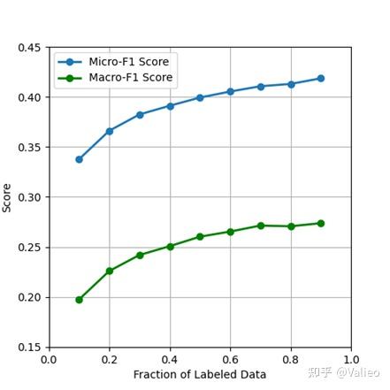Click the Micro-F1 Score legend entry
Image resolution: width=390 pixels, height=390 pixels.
(x=128, y=62)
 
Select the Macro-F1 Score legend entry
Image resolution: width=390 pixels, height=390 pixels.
(x=129, y=78)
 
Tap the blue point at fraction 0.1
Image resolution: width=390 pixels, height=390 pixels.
(x=80, y=159)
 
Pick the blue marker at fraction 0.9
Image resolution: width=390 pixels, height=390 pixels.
(x=320, y=78)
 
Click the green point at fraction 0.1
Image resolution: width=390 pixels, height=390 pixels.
(x=80, y=300)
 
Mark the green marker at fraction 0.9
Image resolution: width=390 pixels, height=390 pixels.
(x=320, y=223)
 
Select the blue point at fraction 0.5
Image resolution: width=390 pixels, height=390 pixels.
(x=200, y=97)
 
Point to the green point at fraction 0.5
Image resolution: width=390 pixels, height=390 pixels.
(x=200, y=237)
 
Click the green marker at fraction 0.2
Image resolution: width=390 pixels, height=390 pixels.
(x=110, y=271)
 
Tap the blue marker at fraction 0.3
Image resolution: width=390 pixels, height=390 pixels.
(x=140, y=114)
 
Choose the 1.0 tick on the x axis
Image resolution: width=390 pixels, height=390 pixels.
(x=350, y=360)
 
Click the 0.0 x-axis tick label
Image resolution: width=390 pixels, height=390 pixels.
(x=50, y=360)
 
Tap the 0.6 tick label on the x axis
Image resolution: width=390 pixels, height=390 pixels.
(x=230, y=360)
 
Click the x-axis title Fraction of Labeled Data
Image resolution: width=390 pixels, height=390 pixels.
(x=200, y=375)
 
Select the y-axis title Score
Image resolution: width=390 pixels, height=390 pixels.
(x=8, y=197)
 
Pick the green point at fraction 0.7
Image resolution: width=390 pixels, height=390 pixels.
(x=260, y=226)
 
